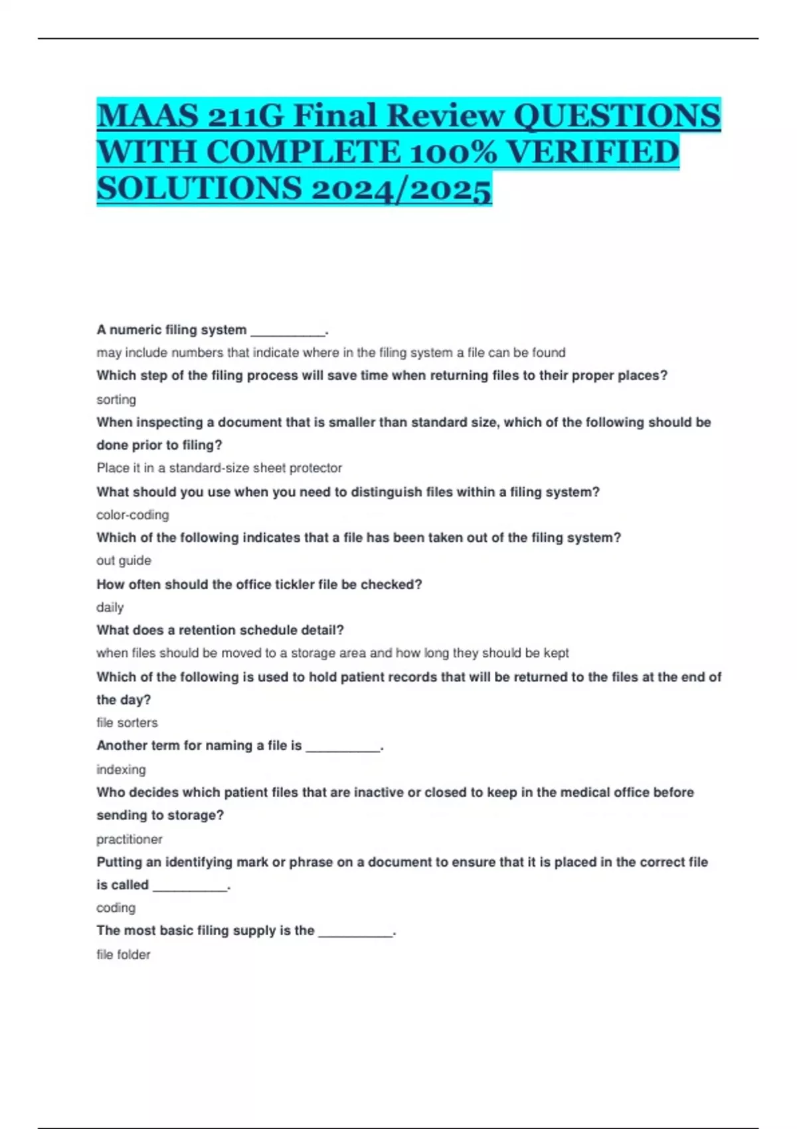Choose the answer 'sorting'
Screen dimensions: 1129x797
116,399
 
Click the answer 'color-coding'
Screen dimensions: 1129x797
133,515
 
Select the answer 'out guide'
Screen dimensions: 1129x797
124,561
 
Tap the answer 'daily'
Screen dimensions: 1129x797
110,607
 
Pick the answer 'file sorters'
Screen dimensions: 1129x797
127,723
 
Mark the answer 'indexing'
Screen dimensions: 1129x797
121,769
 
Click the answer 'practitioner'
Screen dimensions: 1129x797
130,839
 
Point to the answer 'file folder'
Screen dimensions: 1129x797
124,954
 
